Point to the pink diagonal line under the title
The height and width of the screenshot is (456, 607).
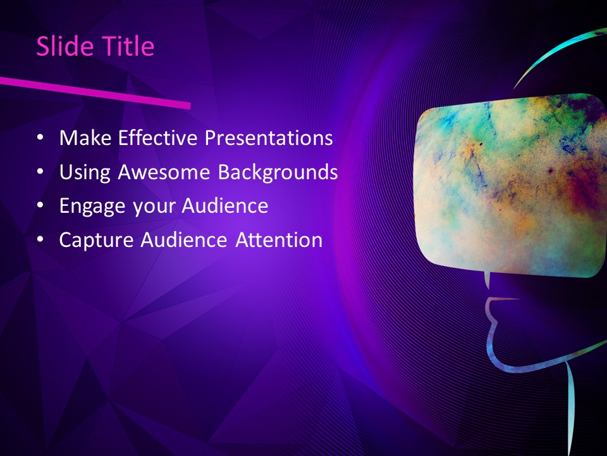[x=95, y=92]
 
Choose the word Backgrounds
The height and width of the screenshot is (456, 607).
[x=278, y=172]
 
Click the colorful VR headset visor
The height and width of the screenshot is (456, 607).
[x=509, y=184]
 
